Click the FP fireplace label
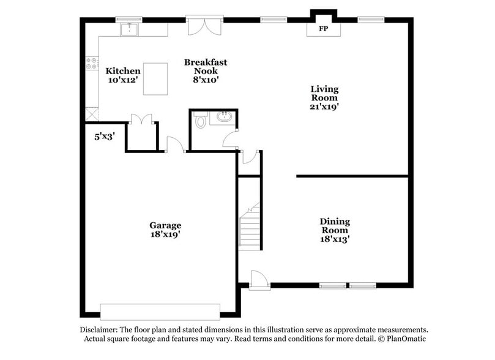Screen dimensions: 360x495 click(322, 29)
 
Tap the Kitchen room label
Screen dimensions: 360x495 click(123, 71)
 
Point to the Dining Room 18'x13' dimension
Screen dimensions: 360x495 click(334, 239)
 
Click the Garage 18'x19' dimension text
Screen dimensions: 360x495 click(165, 234)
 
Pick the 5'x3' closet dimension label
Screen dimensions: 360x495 click(104, 137)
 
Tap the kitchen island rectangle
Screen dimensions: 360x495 click(155, 78)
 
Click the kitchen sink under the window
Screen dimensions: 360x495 click(130, 29)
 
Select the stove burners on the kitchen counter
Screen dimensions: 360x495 click(92, 62)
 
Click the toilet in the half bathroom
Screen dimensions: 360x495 click(200, 121)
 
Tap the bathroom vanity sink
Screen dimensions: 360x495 click(224, 117)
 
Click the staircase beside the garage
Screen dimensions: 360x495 click(250, 227)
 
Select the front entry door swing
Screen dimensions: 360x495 click(258, 280)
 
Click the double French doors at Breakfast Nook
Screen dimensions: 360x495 click(201, 27)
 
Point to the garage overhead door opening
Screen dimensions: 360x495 click(160, 310)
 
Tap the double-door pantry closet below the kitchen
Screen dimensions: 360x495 click(141, 119)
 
